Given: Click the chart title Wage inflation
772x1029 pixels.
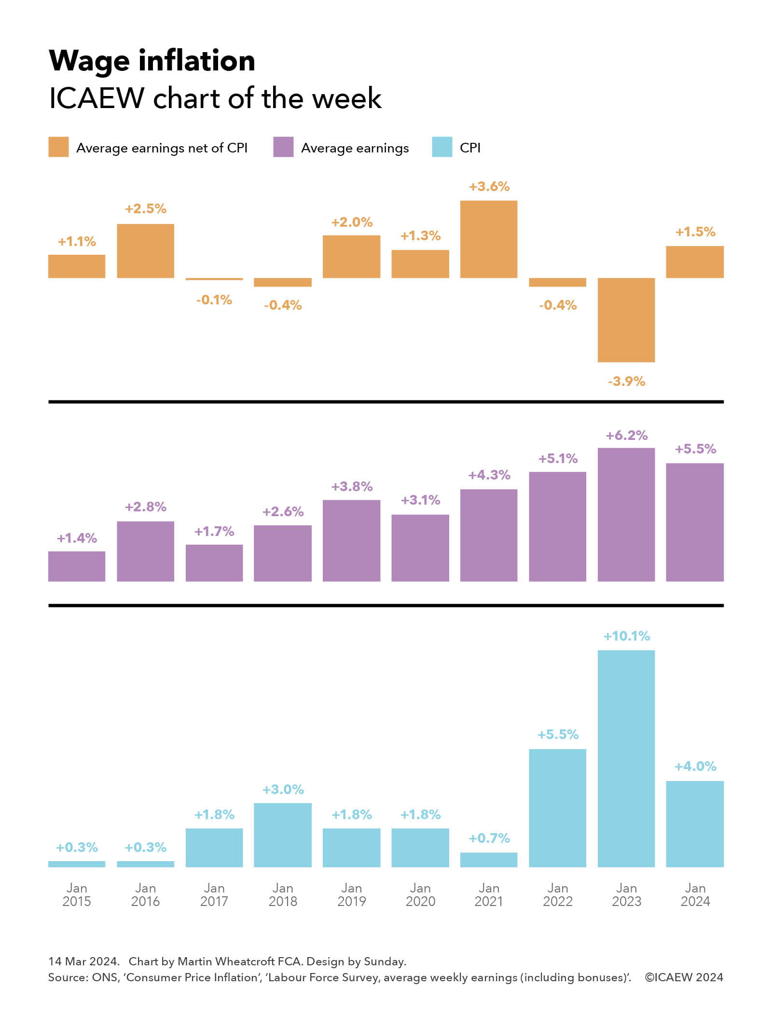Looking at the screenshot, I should coord(152,61).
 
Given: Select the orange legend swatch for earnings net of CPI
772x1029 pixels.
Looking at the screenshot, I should coord(58,147).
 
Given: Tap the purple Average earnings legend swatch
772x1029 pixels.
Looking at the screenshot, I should coord(283,147).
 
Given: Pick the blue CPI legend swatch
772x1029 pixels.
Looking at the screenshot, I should coord(442,147).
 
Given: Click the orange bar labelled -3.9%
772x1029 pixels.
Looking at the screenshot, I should coord(626,319).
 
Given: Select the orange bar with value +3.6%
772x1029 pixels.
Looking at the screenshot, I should coord(488,239).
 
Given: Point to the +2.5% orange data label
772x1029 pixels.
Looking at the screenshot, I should coord(145,209).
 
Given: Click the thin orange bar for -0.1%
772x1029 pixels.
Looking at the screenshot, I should coord(214,279).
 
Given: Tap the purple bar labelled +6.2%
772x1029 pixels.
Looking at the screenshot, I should coord(626,514).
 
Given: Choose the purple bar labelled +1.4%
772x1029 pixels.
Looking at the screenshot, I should coord(77,566).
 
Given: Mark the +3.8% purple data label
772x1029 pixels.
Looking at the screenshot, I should coord(352,486).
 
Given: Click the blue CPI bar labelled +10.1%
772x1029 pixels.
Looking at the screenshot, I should coord(626,758).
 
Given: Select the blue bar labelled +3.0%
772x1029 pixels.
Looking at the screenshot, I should coord(283,835).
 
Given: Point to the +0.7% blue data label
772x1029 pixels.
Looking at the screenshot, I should coord(489,838).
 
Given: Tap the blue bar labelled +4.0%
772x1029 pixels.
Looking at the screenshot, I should coord(695,823).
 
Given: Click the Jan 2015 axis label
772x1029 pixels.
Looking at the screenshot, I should coord(77,894).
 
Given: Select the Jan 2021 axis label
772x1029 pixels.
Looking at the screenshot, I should coord(489,894).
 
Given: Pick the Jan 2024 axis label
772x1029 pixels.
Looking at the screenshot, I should coord(695,894).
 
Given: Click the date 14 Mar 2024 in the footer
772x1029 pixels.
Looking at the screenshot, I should coord(83,961).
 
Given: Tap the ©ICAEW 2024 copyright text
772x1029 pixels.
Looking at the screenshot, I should coord(684,977).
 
